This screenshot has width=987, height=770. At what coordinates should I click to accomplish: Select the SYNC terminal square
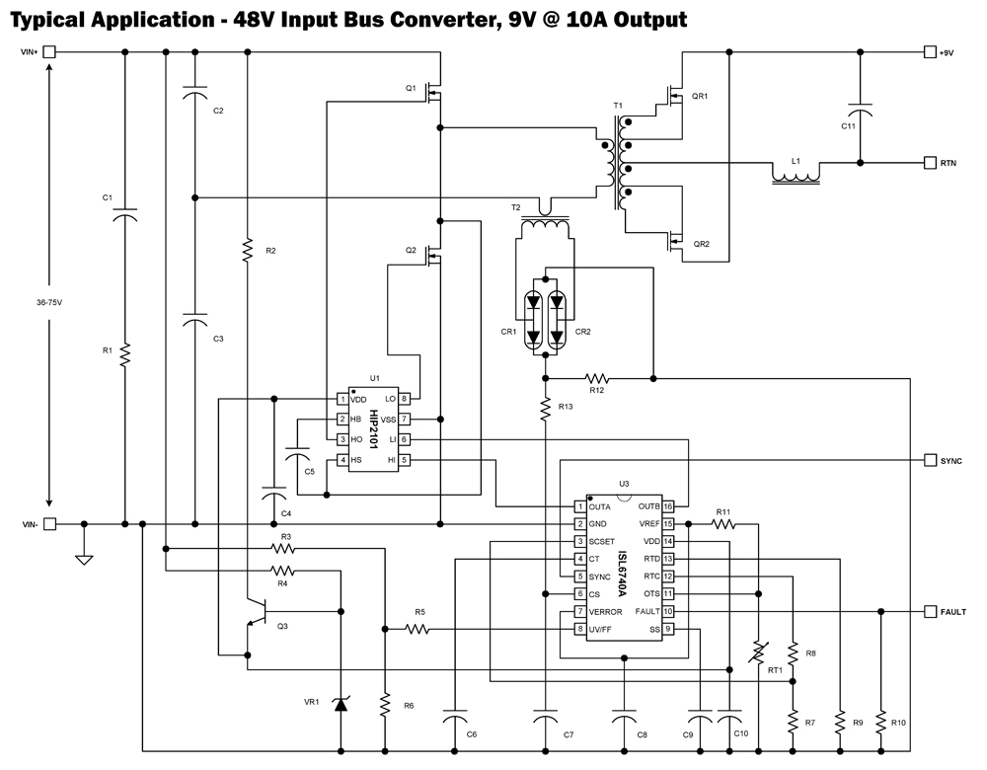929,460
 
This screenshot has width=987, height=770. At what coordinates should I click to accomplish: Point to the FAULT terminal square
929,612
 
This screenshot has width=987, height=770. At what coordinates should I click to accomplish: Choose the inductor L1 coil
796,178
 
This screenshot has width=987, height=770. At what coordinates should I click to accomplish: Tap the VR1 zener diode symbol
341,704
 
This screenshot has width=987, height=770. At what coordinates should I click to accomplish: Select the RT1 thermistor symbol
759,654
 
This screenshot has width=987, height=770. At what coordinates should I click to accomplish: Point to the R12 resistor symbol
597,377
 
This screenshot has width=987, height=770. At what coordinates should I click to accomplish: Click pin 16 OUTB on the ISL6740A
668,506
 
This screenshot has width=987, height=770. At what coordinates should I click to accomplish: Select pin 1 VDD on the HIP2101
342,399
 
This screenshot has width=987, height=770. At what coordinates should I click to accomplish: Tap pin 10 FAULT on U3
668,612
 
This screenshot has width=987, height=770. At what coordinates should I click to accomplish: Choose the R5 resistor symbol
418,628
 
